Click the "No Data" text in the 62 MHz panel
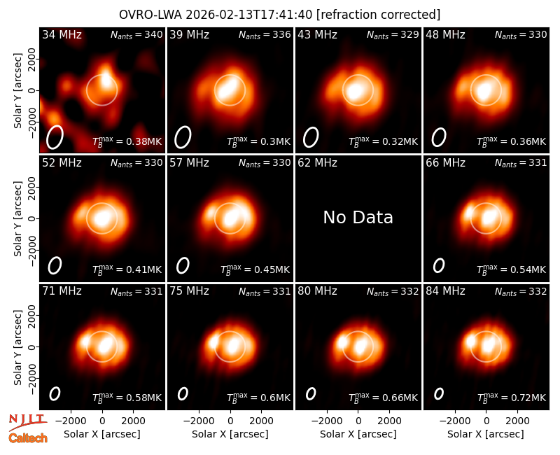(358, 217)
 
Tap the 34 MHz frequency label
(62, 34)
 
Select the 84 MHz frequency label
(445, 291)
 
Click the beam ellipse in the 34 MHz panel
(55, 136)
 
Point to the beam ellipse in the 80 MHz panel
(311, 393)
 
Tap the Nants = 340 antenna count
(136, 34)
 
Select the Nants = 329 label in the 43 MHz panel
(393, 34)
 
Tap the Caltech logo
(28, 438)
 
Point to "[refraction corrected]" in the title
(378, 15)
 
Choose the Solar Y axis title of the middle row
(17, 218)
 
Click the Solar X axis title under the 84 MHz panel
(486, 434)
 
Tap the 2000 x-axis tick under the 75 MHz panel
(261, 421)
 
